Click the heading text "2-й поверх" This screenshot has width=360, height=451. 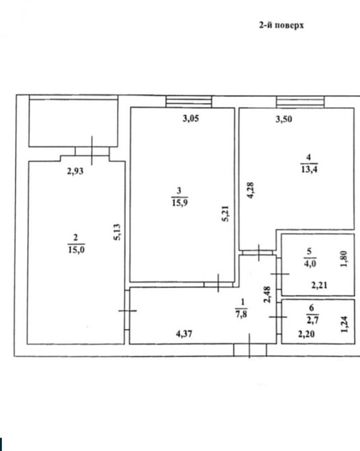[281, 26]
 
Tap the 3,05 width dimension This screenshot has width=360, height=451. [190, 118]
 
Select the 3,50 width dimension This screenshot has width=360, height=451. [284, 118]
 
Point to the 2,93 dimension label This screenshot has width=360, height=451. [75, 171]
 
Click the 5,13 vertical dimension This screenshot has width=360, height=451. [117, 232]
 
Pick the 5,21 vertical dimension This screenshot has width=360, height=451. [225, 213]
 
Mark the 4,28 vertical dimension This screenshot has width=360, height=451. [250, 190]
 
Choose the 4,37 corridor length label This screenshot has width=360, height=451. [184, 334]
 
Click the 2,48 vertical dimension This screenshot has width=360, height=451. [267, 294]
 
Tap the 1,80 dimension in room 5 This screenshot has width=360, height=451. [344, 259]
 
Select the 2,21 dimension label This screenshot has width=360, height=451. [319, 285]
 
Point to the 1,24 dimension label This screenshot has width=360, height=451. [344, 324]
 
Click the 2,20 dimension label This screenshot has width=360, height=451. [306, 335]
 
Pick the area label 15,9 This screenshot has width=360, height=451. [180, 203]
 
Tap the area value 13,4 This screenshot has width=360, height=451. [309, 170]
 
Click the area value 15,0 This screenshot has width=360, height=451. [76, 250]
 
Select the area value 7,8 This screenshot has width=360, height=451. [241, 314]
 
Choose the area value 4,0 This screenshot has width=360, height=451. [310, 263]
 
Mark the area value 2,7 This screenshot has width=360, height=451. [312, 320]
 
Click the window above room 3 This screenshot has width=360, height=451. [188, 102]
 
